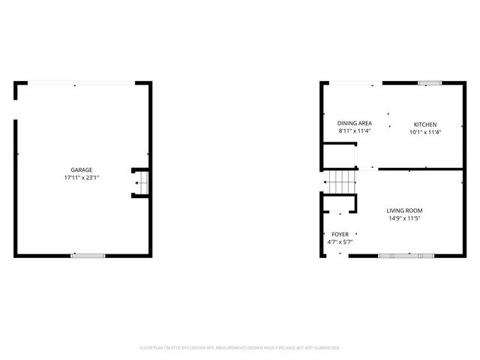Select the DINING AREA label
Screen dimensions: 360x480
[x=355, y=123]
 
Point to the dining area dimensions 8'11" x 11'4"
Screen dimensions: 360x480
[x=355, y=131]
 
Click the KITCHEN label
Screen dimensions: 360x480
[x=425, y=124]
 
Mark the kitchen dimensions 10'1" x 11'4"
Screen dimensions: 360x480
[x=425, y=132]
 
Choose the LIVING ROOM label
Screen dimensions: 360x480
[x=404, y=211]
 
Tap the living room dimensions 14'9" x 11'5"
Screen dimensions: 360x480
[x=404, y=219]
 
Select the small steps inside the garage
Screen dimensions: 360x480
[x=141, y=182]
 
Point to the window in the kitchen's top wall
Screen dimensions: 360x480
[x=429, y=83]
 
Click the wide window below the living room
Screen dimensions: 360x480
[x=406, y=256]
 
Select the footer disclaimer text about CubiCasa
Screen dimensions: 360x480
[x=240, y=348]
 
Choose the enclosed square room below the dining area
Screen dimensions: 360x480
[x=337, y=156]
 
